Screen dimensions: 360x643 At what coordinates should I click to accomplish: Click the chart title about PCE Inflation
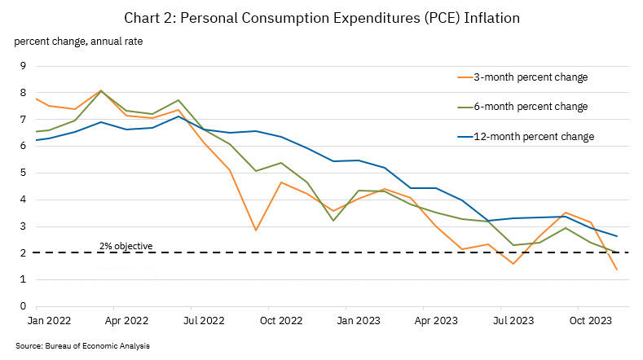321,18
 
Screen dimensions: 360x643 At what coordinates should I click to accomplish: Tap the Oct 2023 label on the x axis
590,322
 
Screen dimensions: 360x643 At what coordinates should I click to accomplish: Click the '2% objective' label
126,245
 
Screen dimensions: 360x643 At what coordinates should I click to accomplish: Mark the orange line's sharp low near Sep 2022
256,230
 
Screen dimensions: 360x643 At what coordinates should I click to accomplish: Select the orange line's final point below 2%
617,270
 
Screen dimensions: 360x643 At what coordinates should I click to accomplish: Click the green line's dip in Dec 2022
333,221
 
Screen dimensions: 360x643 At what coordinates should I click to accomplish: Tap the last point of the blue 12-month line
617,236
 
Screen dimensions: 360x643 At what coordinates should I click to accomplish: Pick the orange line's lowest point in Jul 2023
513,264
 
